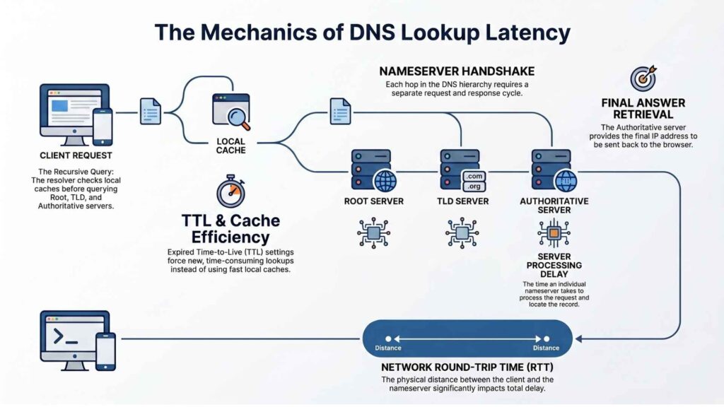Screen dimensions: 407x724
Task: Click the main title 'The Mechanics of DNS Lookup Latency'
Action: point(362,33)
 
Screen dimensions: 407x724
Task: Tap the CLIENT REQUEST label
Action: point(76,155)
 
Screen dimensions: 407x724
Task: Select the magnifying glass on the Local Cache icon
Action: point(241,121)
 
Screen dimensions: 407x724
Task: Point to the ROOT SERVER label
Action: point(373,201)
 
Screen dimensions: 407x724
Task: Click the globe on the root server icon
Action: point(385,181)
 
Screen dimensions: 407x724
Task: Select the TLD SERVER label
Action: point(463,201)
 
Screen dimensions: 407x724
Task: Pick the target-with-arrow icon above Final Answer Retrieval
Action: point(643,78)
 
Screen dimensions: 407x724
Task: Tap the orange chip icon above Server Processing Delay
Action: point(553,232)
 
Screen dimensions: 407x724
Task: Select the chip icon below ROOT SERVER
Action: point(373,232)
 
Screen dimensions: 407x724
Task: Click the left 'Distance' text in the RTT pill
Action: point(388,348)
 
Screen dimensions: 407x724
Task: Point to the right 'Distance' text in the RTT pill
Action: point(546,348)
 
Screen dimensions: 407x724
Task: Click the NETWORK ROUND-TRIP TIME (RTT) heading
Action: point(467,367)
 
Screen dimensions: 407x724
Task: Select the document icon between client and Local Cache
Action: point(151,112)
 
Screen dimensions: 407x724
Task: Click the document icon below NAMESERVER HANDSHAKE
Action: point(340,112)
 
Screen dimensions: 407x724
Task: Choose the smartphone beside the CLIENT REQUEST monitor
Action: point(103,126)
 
